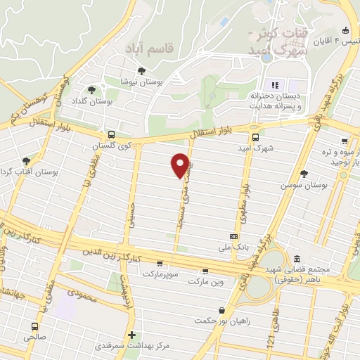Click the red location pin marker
tap(180, 165)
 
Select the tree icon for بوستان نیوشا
tap(142, 71)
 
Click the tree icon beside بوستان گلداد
tap(91, 90)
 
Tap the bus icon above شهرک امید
tap(255, 138)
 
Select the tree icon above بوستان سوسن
tap(304, 173)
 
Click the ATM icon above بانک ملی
tap(233, 237)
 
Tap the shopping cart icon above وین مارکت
tap(205, 271)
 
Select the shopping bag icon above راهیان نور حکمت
tap(222, 309)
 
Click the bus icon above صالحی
tap(35, 326)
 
